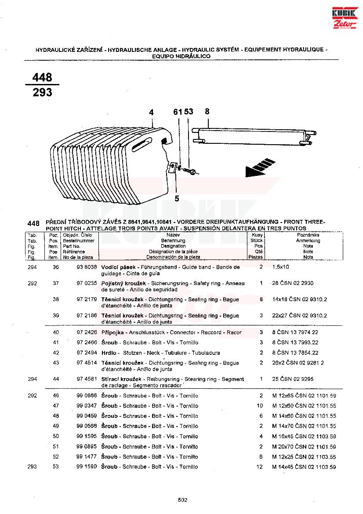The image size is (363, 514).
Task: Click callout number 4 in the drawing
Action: (151, 113)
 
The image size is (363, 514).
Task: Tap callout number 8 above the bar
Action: (207, 112)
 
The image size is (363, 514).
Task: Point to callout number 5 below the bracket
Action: (177, 198)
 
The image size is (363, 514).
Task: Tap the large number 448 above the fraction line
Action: (42, 77)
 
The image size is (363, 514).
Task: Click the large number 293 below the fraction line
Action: (42, 92)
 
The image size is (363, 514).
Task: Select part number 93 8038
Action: (87, 267)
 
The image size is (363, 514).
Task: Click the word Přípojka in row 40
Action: (111, 332)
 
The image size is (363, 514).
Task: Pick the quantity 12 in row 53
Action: (259, 467)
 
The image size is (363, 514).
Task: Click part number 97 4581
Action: (87, 379)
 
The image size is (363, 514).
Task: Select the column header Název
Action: (173, 236)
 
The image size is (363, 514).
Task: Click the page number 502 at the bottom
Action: (183, 500)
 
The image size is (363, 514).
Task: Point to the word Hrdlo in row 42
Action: (109, 353)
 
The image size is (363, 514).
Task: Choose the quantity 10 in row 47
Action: (260, 406)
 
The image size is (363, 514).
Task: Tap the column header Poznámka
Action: (308, 236)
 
